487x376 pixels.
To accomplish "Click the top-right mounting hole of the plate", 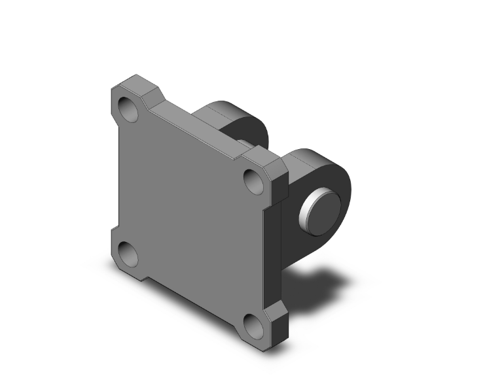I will point(253,177).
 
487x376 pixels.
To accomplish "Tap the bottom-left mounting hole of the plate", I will point(128,250).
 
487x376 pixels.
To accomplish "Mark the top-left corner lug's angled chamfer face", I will point(152,92).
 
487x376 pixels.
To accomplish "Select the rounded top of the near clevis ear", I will point(308,155).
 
